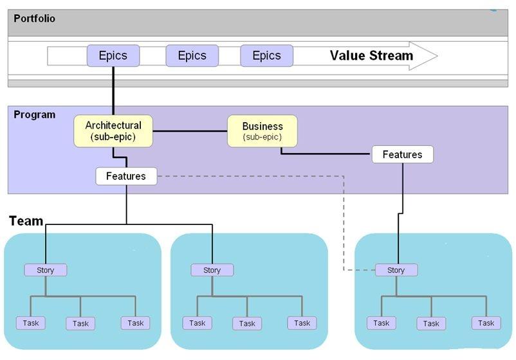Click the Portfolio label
[x=35, y=19]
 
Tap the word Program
[x=35, y=114]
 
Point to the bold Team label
[x=26, y=221]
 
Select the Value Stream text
[x=371, y=55]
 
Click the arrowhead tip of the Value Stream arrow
[x=436, y=56]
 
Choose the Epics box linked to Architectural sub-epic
[x=113, y=56]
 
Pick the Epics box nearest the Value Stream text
[x=266, y=56]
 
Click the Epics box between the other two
[x=192, y=56]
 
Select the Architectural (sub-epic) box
[x=113, y=131]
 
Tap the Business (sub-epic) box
[x=263, y=131]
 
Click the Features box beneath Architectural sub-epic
[x=126, y=176]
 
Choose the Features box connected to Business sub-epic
[x=402, y=154]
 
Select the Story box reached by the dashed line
[x=396, y=270]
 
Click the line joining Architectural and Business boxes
[x=190, y=131]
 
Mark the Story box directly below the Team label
[x=46, y=270]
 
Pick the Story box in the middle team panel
[x=212, y=270]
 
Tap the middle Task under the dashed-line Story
[x=431, y=323]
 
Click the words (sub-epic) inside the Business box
[x=262, y=137]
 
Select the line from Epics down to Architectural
[x=113, y=90]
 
